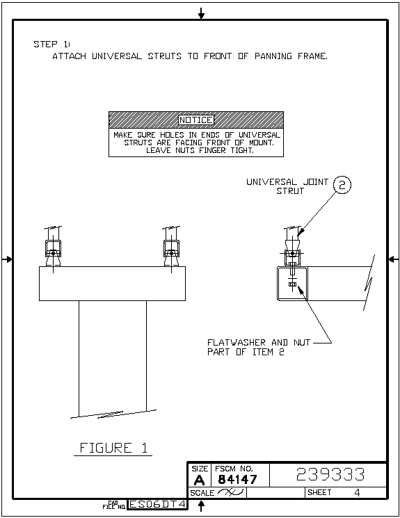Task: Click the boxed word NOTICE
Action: click(196, 120)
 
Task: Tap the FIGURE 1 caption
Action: click(113, 448)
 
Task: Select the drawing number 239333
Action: click(330, 474)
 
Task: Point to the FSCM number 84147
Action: click(237, 479)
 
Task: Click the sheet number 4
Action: click(357, 492)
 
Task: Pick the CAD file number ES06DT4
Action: click(157, 504)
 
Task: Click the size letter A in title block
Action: click(199, 480)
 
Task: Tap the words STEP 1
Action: click(51, 44)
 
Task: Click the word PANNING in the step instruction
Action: click(273, 56)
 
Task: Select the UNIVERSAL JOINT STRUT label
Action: click(287, 186)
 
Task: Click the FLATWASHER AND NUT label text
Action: click(259, 342)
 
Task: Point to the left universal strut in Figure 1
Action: click(54, 247)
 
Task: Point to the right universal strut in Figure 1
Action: click(171, 247)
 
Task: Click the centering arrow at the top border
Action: click(201, 13)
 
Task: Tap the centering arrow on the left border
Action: click(7, 259)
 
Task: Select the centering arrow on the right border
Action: click(393, 259)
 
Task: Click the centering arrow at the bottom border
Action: click(201, 505)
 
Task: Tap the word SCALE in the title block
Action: click(202, 493)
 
